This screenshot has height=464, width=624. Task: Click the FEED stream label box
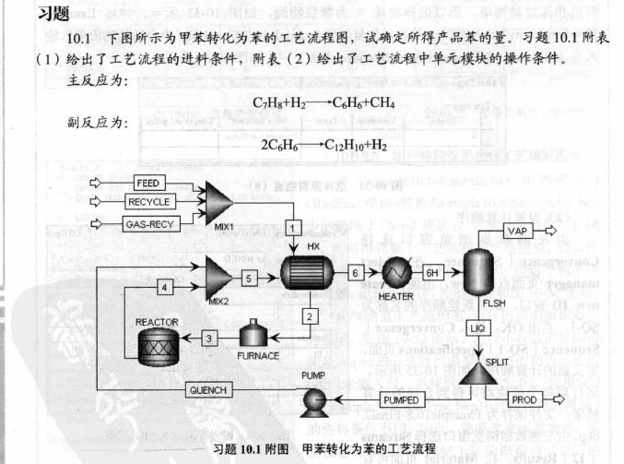147,183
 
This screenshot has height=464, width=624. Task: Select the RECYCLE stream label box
149,202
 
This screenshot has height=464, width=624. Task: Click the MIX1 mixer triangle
218,200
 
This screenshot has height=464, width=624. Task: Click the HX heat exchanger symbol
310,274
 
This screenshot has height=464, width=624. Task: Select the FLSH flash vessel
478,274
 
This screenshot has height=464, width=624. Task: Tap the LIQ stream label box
477,327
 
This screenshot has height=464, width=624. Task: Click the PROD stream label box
524,399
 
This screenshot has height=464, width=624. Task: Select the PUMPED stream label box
400,399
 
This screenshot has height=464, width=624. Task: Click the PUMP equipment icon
315,399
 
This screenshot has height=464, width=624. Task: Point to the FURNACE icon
258,336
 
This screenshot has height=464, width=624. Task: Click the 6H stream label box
431,273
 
